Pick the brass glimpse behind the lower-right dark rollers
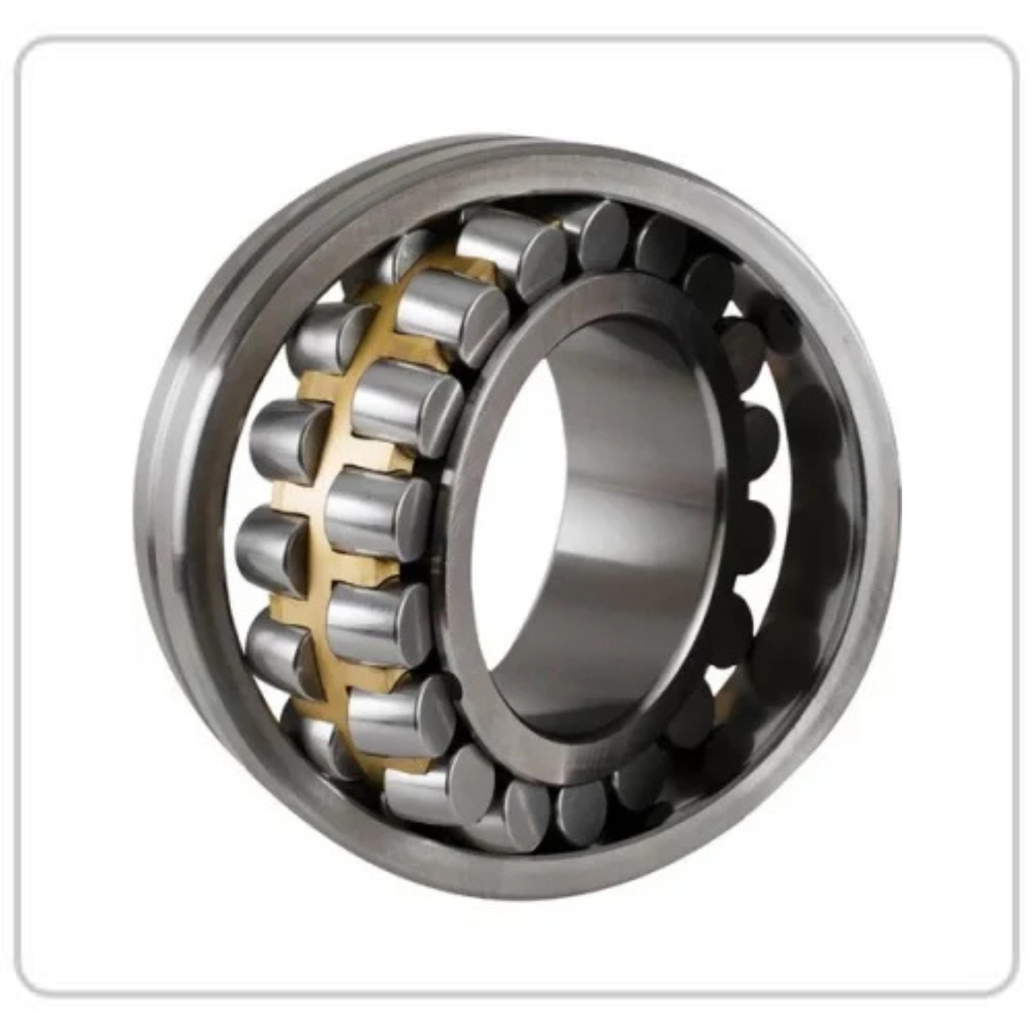tap(723, 703)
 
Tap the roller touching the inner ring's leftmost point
tap(379, 508)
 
